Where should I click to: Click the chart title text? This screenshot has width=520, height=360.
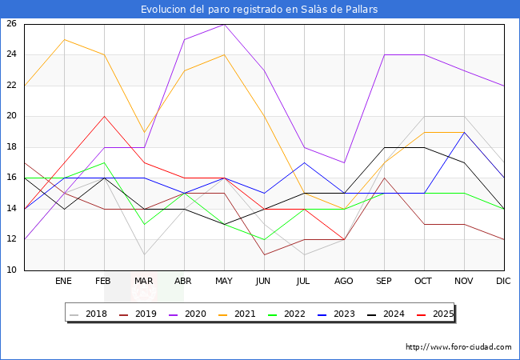point(259,10)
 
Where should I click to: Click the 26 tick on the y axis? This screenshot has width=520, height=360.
point(12,24)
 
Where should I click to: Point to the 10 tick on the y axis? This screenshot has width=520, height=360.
point(12,270)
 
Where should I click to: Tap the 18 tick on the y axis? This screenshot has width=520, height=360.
point(12,147)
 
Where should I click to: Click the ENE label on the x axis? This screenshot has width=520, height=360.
point(64,282)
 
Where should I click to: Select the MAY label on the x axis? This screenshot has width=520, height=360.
point(224,282)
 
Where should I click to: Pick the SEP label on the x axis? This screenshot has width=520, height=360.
point(384,282)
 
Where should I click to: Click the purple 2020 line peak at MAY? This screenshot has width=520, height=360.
point(224,24)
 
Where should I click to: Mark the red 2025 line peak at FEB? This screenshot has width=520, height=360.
point(104,116)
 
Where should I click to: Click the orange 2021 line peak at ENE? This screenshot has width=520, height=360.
point(64,39)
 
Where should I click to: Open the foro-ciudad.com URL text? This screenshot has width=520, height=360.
point(458,347)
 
